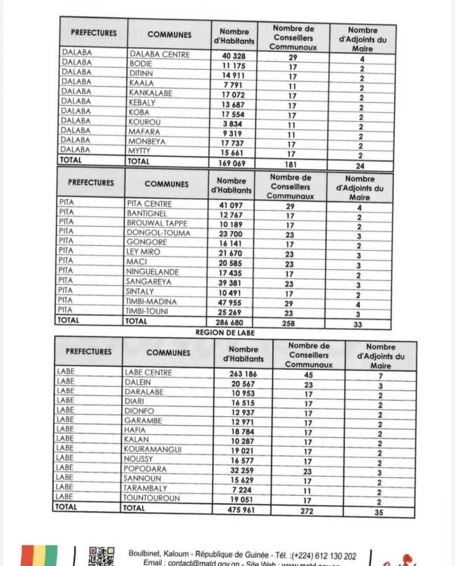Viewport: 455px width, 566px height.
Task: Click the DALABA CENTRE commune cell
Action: pyautogui.click(x=159, y=54)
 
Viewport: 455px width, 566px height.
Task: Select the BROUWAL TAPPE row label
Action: pyautogui.click(x=157, y=223)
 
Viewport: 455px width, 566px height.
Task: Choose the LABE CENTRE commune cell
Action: pyautogui.click(x=148, y=373)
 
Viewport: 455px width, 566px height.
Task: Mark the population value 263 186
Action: pyautogui.click(x=244, y=374)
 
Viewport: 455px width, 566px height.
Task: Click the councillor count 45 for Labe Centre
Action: pyautogui.click(x=307, y=374)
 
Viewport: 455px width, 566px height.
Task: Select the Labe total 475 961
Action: pyautogui.click(x=242, y=509)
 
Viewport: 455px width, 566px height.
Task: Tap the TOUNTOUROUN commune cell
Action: pyautogui.click(x=152, y=498)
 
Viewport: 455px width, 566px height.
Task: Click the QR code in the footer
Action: pyautogui.click(x=101, y=557)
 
